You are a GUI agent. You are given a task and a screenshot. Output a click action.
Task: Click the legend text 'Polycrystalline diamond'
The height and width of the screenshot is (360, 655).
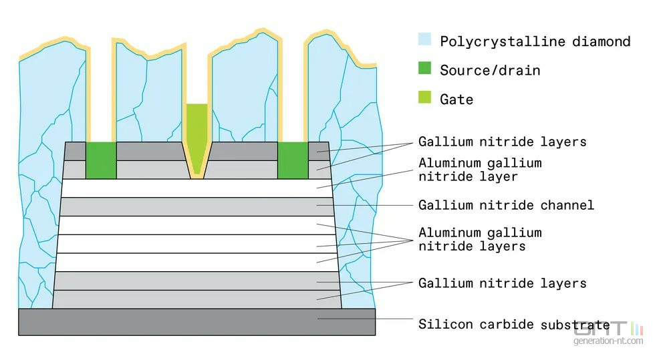535,41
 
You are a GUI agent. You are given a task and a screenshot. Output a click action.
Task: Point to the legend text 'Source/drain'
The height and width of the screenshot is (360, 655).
490,70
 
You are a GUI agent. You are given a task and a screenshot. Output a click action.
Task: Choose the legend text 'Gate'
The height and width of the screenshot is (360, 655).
456,100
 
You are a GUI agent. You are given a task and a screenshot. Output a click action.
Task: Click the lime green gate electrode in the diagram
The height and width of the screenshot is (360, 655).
196,134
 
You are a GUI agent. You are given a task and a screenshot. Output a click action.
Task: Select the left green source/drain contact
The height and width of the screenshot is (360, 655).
101,160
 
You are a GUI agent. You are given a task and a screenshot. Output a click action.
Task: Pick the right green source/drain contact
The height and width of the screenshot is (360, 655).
292,160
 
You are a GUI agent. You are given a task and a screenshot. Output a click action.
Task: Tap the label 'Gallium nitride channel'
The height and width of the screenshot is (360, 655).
506,204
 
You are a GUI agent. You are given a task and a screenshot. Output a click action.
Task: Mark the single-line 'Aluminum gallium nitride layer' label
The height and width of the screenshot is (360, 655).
480,170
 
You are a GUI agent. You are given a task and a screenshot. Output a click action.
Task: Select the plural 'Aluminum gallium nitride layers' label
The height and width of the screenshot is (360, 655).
480,239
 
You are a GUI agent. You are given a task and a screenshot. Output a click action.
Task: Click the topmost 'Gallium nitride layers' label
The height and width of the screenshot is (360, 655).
502,142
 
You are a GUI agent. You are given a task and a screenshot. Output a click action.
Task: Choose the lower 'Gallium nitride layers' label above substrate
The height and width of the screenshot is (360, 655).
502,283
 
